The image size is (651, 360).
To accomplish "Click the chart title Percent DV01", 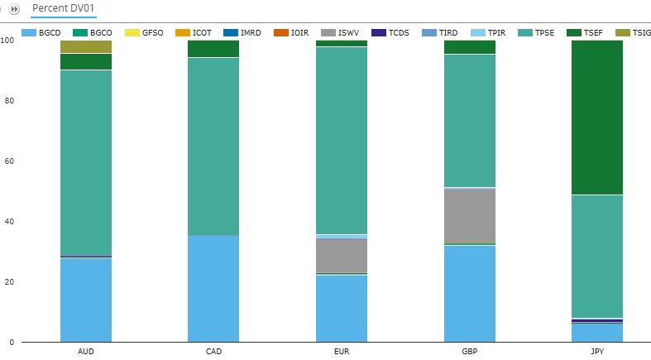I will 64,7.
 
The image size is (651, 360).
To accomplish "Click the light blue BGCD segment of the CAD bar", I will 213,289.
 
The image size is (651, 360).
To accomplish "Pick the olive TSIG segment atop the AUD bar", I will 86,47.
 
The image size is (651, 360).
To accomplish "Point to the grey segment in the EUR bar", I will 342,256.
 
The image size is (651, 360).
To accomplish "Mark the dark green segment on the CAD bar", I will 213,49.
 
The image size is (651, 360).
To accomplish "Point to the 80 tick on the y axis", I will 8,101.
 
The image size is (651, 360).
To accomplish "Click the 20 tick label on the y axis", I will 8,282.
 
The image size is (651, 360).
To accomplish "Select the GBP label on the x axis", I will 470,352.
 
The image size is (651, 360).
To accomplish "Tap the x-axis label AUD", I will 86,352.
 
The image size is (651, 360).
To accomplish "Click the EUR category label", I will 342,352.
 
